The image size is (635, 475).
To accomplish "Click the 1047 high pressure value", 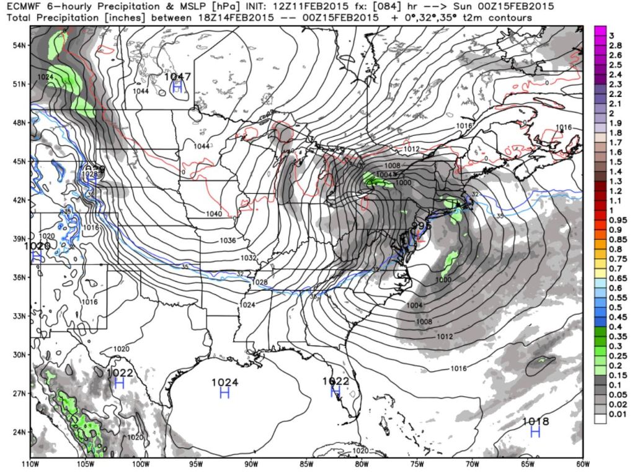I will coord(178,76).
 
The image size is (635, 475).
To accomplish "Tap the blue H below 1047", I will coord(177,87).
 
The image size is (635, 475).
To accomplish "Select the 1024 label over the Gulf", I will coord(224,382).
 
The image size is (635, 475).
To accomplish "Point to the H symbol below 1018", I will coord(535,432).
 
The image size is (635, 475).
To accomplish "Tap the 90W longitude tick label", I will coord(251,463).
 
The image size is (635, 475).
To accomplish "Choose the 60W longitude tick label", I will coord(582,463).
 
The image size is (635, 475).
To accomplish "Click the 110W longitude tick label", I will coord(30,463).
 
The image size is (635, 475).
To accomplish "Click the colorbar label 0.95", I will coord(616,220).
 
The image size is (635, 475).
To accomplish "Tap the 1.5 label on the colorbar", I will coord(613,161).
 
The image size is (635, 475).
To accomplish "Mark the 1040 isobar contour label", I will coord(214,214).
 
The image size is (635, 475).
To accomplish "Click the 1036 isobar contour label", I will coord(228,240).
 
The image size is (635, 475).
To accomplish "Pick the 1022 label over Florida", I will coord(335,381).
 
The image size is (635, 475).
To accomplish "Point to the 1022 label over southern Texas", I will coord(120,372).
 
